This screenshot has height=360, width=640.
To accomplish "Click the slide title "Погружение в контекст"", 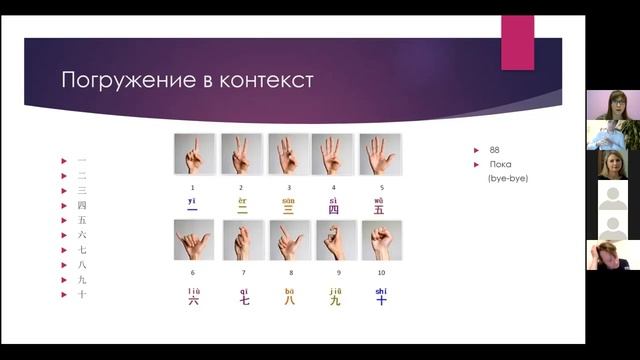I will tap(188, 80).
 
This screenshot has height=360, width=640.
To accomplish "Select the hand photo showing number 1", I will tap(194, 155).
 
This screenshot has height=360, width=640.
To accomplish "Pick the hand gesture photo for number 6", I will tap(194, 241).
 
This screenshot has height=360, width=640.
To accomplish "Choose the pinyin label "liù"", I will tap(193, 290).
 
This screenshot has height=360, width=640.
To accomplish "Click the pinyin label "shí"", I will tap(381, 290).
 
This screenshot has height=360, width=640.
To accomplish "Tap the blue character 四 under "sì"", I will tap(334, 210).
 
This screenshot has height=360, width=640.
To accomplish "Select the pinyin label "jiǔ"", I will tap(335, 290).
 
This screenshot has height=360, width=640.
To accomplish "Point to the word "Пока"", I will tap(501, 164).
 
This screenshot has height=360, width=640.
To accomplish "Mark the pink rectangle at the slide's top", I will tap(517, 42).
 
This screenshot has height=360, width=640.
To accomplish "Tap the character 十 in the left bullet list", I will tap(82, 295).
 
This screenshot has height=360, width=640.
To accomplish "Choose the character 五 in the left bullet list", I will tap(82, 220).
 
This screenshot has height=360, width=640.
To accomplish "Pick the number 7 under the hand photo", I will tap(241, 273).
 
